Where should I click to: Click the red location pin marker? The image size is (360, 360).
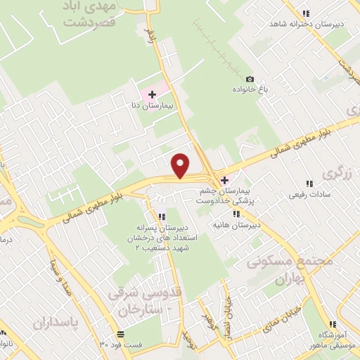click(181, 165)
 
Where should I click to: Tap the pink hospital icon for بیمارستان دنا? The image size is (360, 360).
click(153, 94)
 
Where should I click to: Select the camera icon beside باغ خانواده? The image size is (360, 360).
click(250, 79)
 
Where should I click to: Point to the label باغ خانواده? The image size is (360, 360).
click(250, 91)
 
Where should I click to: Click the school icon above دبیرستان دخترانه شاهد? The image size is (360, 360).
click(305, 13)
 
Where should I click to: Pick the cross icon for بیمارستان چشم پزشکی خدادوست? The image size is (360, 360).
click(224, 180)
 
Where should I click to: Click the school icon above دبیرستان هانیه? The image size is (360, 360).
click(237, 214)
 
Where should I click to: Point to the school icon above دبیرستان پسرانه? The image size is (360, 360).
click(162, 216)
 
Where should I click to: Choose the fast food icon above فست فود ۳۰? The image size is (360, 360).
click(121, 334)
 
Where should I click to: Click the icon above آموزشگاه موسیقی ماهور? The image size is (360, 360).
click(332, 324)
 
